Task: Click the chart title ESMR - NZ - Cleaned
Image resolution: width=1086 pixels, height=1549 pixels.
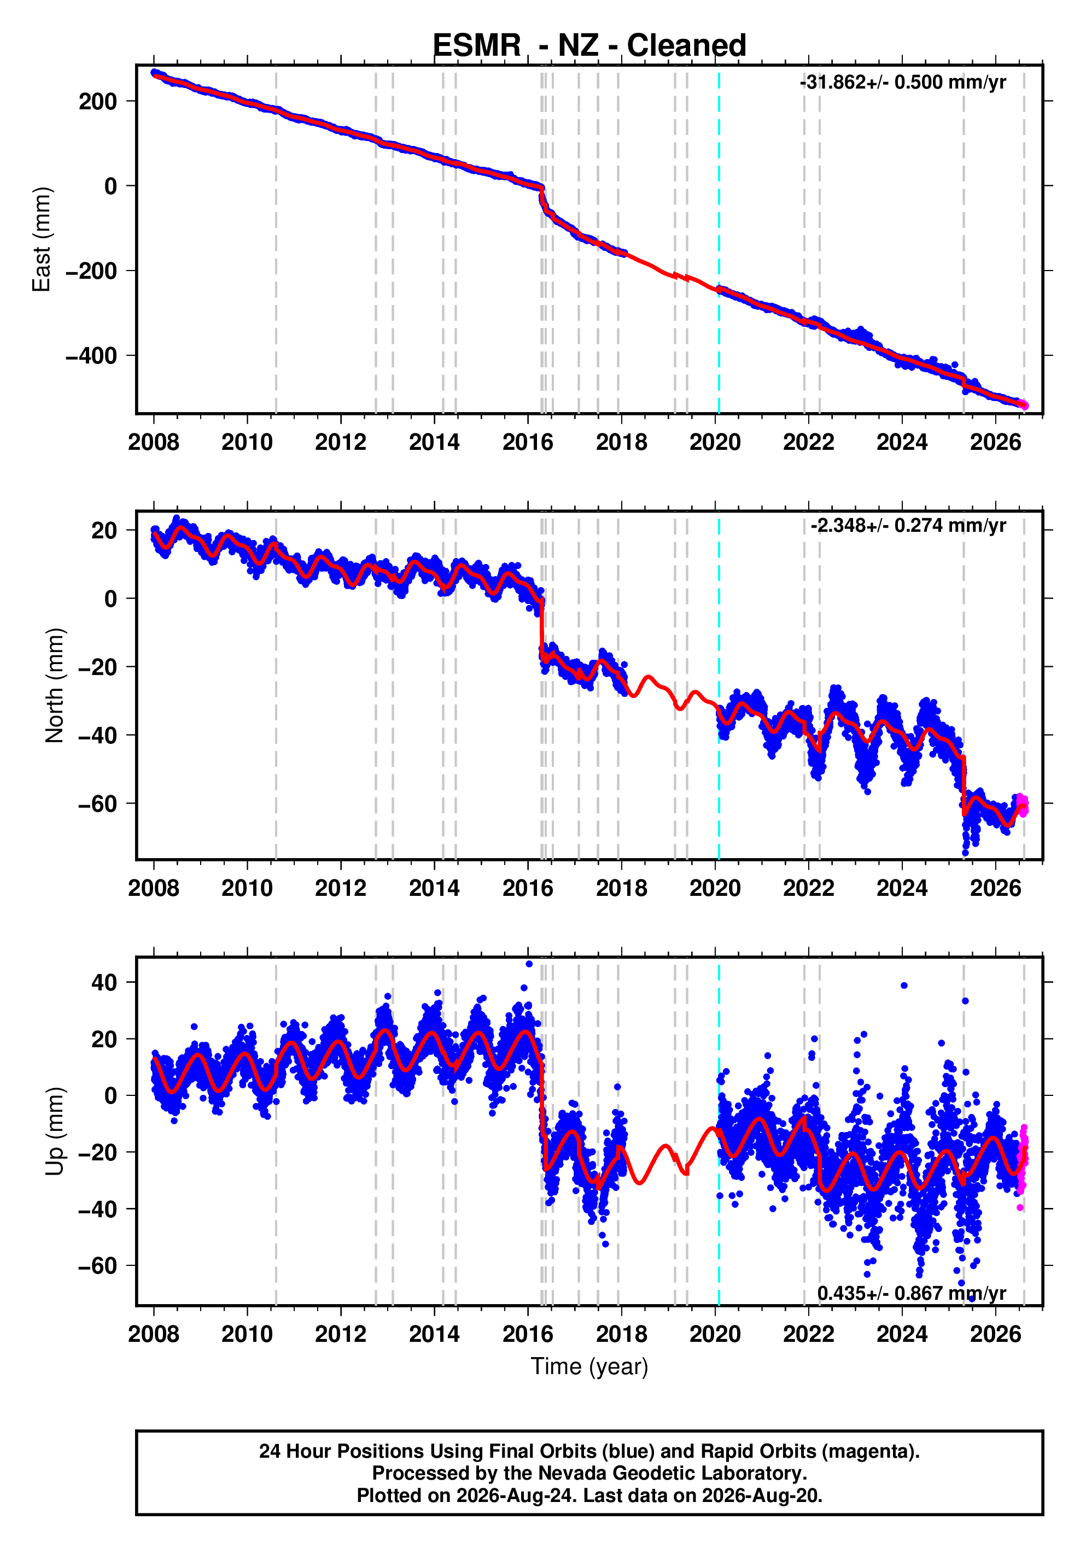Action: [x=589, y=46]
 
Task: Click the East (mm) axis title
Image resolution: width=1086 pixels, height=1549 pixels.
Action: [x=42, y=239]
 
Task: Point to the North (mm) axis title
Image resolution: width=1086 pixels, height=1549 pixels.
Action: [x=55, y=685]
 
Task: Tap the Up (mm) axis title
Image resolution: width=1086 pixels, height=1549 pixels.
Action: [x=55, y=1131]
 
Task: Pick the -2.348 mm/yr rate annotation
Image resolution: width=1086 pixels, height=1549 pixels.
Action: [x=908, y=526]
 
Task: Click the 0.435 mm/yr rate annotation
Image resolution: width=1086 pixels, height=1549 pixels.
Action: [x=912, y=1293]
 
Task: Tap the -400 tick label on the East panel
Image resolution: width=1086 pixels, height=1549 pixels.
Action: [x=91, y=355]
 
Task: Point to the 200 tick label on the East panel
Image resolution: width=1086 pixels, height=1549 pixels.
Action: [x=98, y=101]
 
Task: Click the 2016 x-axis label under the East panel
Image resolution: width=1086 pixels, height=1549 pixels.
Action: [x=528, y=443]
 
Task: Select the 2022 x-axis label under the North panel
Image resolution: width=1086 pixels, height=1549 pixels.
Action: [x=809, y=889]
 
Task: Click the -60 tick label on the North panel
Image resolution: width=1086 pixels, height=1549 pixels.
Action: [x=98, y=803]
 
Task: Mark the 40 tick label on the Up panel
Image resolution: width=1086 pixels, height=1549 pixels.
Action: [x=104, y=982]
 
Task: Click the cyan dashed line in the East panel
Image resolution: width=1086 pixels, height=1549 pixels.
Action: [x=719, y=239]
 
